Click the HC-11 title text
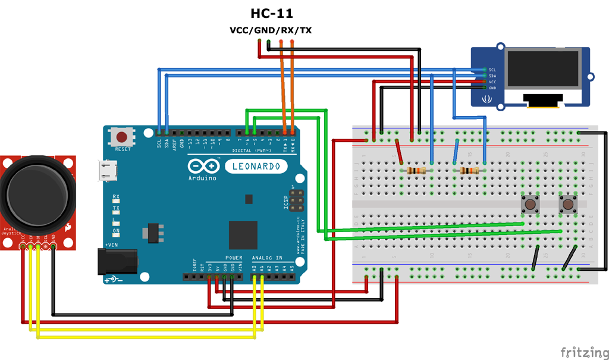tap(271, 13)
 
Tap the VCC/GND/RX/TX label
tap(271, 30)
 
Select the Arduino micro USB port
tap(108, 171)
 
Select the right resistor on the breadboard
tap(470, 171)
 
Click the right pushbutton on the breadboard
tap(568, 205)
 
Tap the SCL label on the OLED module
tap(492, 70)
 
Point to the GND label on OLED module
tap(492, 87)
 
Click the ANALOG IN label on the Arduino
tap(267, 258)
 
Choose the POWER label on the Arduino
tap(234, 258)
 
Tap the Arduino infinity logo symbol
tap(200, 166)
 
